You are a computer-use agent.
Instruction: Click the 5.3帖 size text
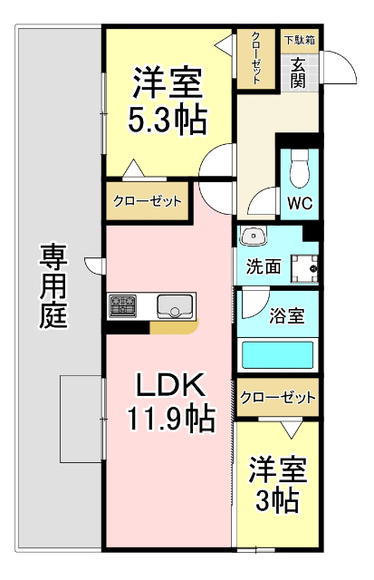[167, 119]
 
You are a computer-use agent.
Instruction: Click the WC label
[299, 203]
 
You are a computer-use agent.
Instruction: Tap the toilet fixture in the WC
[301, 167]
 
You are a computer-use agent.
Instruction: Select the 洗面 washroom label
[263, 267]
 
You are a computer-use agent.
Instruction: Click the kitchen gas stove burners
[122, 306]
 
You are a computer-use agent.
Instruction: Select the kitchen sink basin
[174, 306]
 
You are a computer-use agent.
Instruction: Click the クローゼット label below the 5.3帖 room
[147, 201]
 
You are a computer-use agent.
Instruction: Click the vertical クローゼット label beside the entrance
[256, 58]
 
